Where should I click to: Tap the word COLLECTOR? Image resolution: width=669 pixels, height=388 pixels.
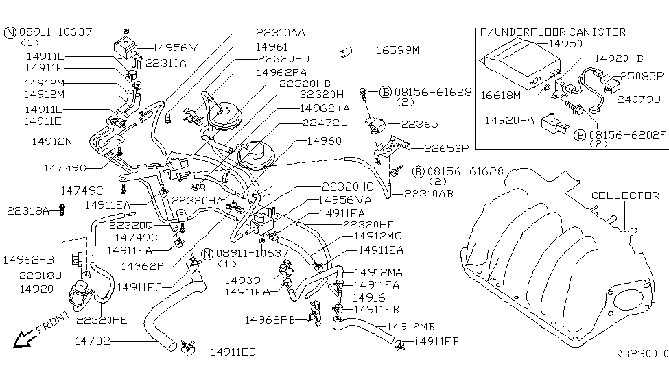tap(626, 195)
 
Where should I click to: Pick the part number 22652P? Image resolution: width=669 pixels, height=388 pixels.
tap(445, 147)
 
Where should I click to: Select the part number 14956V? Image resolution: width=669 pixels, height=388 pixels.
tap(175, 48)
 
